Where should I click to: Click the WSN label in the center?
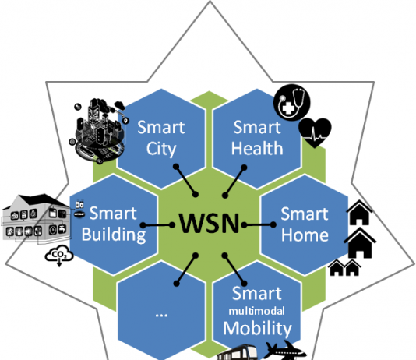click(x=210, y=223)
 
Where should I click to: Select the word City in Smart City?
click(x=161, y=149)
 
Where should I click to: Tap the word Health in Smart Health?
click(x=257, y=148)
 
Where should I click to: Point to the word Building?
click(x=114, y=235)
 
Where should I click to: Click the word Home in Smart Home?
click(x=305, y=235)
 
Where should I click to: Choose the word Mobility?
click(x=257, y=328)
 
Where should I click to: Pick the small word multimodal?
click(x=257, y=311)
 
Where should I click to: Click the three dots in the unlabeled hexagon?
click(x=161, y=315)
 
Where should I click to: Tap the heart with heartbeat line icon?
click(x=315, y=132)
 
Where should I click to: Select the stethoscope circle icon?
click(x=292, y=102)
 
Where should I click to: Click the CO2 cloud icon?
click(x=59, y=256)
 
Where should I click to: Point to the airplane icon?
click(x=285, y=351)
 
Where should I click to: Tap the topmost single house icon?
click(x=359, y=213)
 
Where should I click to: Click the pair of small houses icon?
click(x=344, y=268)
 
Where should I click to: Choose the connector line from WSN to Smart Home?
click(x=259, y=225)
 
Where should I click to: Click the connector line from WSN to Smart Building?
click(x=157, y=225)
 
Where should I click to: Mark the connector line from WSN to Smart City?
click(x=185, y=181)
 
